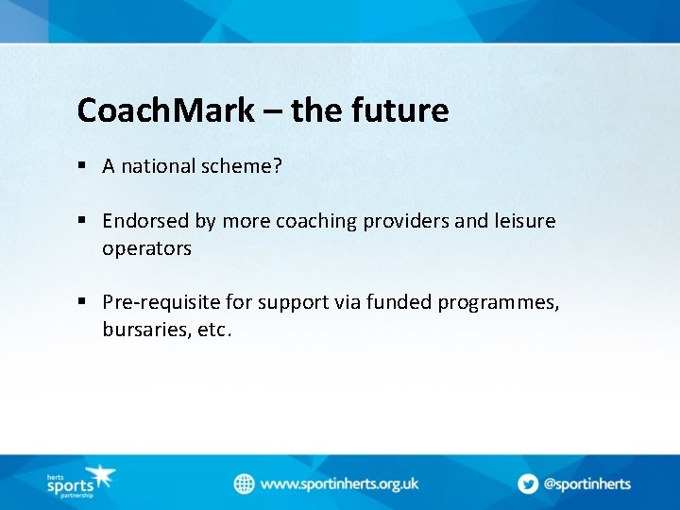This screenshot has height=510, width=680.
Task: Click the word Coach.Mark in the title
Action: click(x=165, y=111)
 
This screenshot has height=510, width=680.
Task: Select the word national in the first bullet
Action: click(x=158, y=166)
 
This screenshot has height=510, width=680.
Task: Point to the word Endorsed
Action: click(x=146, y=221)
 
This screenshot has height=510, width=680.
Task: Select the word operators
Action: click(x=147, y=248)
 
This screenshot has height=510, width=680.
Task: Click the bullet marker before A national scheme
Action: click(x=83, y=166)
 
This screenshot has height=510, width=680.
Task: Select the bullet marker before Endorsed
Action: click(x=83, y=221)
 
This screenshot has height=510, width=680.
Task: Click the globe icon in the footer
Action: click(x=245, y=484)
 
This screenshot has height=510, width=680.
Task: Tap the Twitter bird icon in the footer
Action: click(x=527, y=484)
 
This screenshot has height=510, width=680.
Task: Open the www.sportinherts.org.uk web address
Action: click(x=339, y=484)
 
